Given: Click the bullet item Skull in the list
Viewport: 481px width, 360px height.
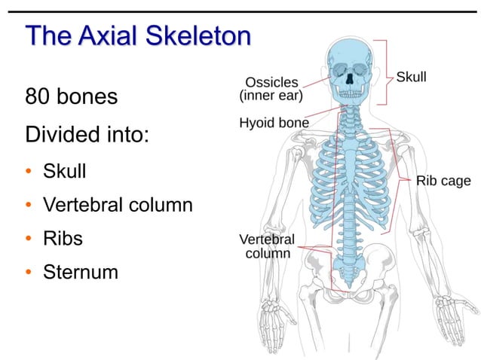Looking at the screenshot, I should click(x=64, y=171).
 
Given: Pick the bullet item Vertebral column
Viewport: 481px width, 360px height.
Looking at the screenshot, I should click(x=118, y=204).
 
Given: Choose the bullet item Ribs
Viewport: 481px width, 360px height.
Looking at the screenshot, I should click(x=63, y=238).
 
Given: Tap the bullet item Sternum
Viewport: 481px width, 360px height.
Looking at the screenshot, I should click(x=81, y=271).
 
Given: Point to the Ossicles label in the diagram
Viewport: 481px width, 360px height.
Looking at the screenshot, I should click(x=271, y=82).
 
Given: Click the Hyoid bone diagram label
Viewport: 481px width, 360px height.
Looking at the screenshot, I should click(x=274, y=122).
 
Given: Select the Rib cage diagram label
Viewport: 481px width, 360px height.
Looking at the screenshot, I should click(x=443, y=181).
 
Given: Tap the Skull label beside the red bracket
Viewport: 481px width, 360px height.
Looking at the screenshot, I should click(x=411, y=77).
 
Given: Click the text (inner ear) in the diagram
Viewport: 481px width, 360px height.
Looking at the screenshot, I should click(x=271, y=96).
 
